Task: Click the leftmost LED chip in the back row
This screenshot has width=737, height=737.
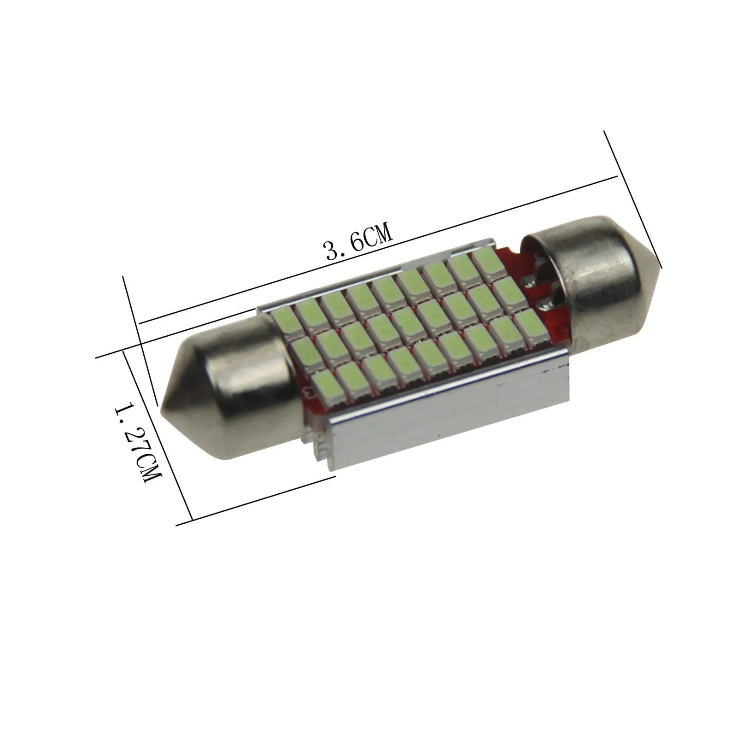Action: [x=285, y=320]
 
